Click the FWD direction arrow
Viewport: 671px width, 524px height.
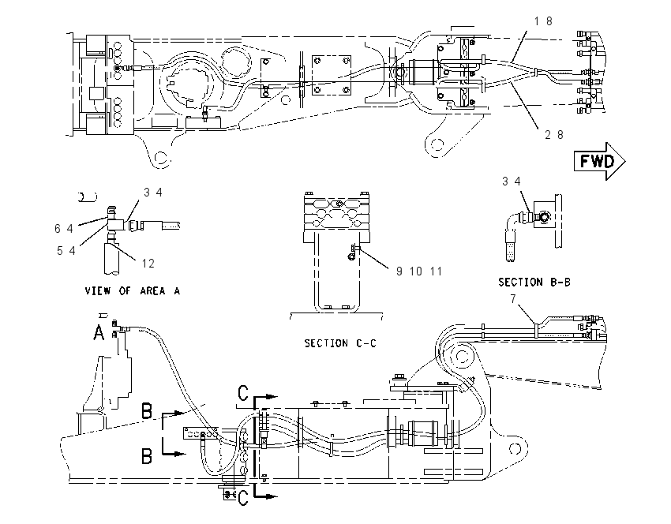[x=599, y=161]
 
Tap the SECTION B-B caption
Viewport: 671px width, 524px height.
[x=534, y=283]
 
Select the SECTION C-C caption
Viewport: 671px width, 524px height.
[x=340, y=343]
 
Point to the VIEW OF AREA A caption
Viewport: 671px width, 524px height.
[x=133, y=291]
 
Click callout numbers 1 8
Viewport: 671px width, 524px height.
[x=543, y=21]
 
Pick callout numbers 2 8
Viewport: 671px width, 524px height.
[x=554, y=135]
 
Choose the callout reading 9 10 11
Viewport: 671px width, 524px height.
[x=419, y=271]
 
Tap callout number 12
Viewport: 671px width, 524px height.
[x=148, y=264]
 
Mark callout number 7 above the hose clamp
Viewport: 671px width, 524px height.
[x=513, y=298]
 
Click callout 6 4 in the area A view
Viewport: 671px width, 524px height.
[x=64, y=229]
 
